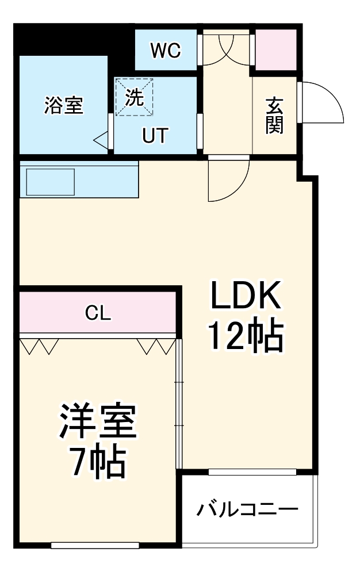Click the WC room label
click(166, 51)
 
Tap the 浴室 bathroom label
click(64, 105)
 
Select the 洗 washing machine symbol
click(134, 98)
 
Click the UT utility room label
click(155, 136)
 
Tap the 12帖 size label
click(245, 336)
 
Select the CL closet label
click(98, 313)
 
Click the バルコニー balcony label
click(248, 509)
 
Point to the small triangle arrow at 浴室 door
click(101, 139)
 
